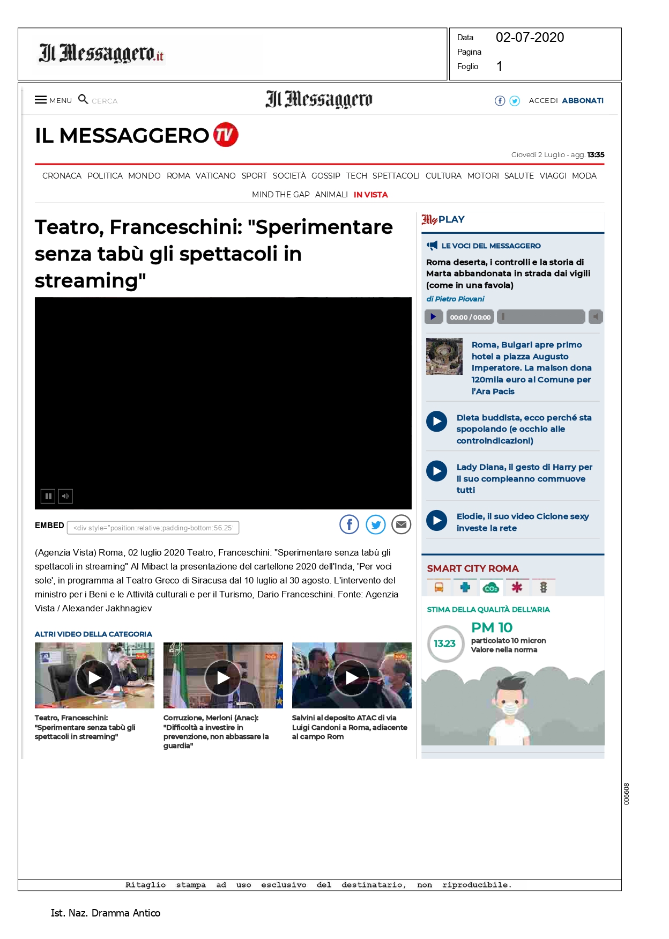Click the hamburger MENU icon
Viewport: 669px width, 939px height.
(x=41, y=100)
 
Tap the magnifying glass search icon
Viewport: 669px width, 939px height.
(x=83, y=99)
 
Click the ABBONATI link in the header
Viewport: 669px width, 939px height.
(x=582, y=100)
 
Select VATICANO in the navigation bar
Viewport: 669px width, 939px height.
(x=215, y=176)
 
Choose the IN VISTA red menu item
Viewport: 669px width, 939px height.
(x=370, y=195)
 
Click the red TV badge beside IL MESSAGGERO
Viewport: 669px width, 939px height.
(x=226, y=135)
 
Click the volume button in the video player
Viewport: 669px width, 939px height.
(x=65, y=496)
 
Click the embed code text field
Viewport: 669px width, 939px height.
(x=153, y=528)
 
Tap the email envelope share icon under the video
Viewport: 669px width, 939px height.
(x=401, y=524)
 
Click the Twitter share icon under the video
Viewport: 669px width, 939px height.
(x=376, y=524)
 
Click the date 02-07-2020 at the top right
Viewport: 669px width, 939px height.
(x=530, y=38)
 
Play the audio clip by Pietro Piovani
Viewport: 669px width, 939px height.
(x=433, y=317)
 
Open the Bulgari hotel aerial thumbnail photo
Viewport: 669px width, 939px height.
(x=444, y=356)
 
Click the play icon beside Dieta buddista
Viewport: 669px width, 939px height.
(x=437, y=422)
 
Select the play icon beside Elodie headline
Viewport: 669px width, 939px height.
(x=437, y=520)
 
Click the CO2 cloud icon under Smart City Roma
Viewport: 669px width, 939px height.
(x=490, y=588)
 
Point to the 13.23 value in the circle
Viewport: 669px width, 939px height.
(x=445, y=644)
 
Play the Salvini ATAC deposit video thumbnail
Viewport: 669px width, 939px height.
(x=352, y=678)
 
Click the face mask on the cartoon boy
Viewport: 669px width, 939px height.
(x=510, y=709)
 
